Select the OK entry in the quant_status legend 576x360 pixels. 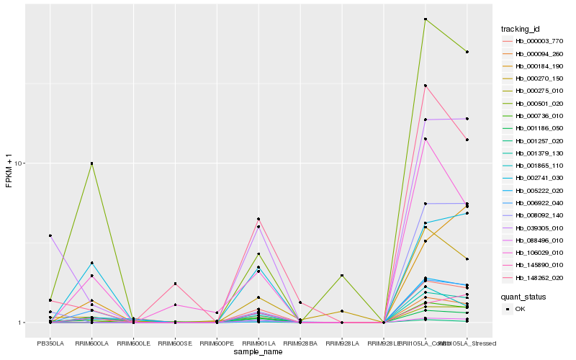pyautogui.click(x=521, y=309)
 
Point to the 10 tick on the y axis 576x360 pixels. pyautogui.click(x=20, y=163)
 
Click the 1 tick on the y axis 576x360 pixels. pyautogui.click(x=22, y=323)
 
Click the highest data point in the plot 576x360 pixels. pyautogui.click(x=426, y=19)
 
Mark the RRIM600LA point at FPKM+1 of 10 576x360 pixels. pyautogui.click(x=91, y=163)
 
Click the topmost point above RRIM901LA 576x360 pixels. pyautogui.click(x=258, y=219)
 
